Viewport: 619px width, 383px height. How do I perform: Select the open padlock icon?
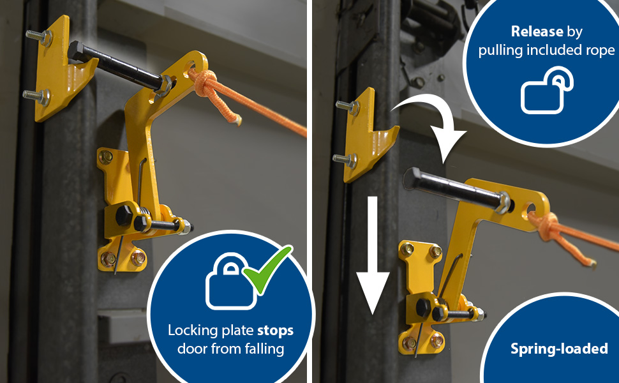(547, 91)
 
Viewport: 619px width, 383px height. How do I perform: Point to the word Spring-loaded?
(559, 349)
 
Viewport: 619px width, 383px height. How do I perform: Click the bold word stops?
(275, 331)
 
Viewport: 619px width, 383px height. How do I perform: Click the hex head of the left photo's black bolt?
(77, 51)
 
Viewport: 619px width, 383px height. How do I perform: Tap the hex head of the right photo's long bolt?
(412, 178)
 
